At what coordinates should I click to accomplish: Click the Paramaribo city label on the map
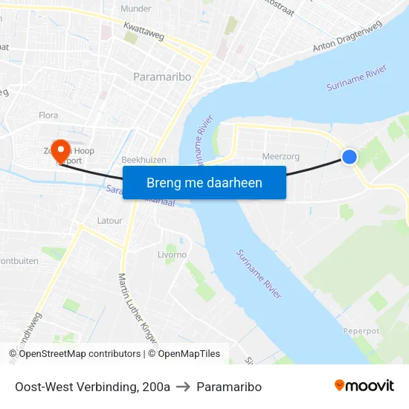click(162, 77)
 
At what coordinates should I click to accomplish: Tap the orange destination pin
click(58, 146)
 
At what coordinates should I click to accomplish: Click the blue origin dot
click(349, 156)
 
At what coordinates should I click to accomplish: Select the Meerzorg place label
click(280, 156)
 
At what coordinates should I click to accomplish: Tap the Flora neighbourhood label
click(48, 115)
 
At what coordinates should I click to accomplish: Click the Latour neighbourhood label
click(109, 221)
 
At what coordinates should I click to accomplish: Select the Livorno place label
click(173, 254)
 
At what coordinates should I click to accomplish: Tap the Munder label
click(136, 8)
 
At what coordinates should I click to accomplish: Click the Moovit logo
click(364, 385)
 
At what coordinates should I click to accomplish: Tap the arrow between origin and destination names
click(183, 387)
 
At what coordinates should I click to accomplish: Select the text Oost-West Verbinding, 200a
click(92, 387)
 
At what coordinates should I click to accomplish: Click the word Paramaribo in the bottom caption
click(229, 387)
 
